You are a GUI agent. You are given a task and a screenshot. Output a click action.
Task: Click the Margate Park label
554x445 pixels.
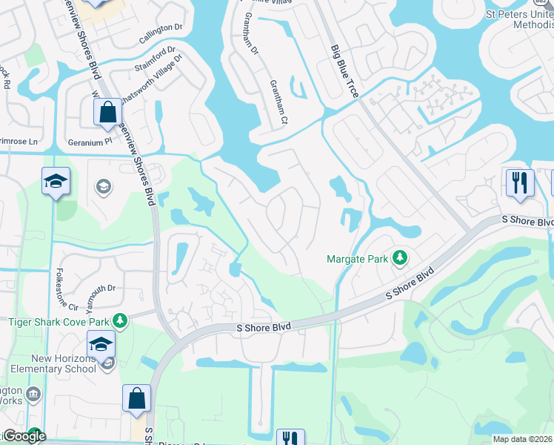358,259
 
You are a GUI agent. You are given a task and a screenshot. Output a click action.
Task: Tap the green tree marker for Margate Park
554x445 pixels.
401,258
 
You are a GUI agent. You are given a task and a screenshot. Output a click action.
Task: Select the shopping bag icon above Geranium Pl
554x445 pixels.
108,113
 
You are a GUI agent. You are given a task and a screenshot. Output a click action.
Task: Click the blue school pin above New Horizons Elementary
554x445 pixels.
101,343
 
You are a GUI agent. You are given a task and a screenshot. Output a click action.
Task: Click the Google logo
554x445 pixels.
24,436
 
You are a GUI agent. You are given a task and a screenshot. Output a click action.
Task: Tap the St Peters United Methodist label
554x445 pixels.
520,19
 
